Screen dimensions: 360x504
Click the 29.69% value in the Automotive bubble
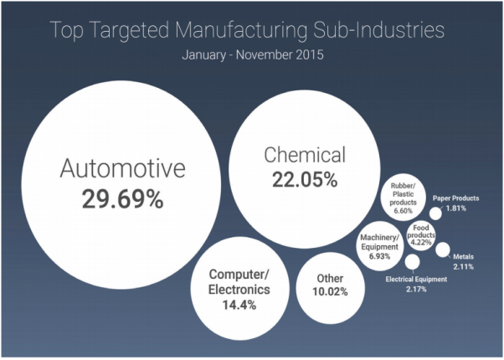coord(122,199)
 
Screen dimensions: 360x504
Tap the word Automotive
coord(122,170)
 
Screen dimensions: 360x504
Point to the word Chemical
coord(305,155)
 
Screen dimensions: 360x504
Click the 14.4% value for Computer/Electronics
coord(239,305)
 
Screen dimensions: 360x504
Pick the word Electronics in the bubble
coord(239,290)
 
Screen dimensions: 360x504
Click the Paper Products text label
coord(456,198)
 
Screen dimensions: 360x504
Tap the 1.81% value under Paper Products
coord(456,208)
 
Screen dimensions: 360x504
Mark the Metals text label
coord(463,256)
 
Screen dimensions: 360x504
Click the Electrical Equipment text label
coord(416,279)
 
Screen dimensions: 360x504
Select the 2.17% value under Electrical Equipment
coord(416,289)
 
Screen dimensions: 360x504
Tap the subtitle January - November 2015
coord(252,56)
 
